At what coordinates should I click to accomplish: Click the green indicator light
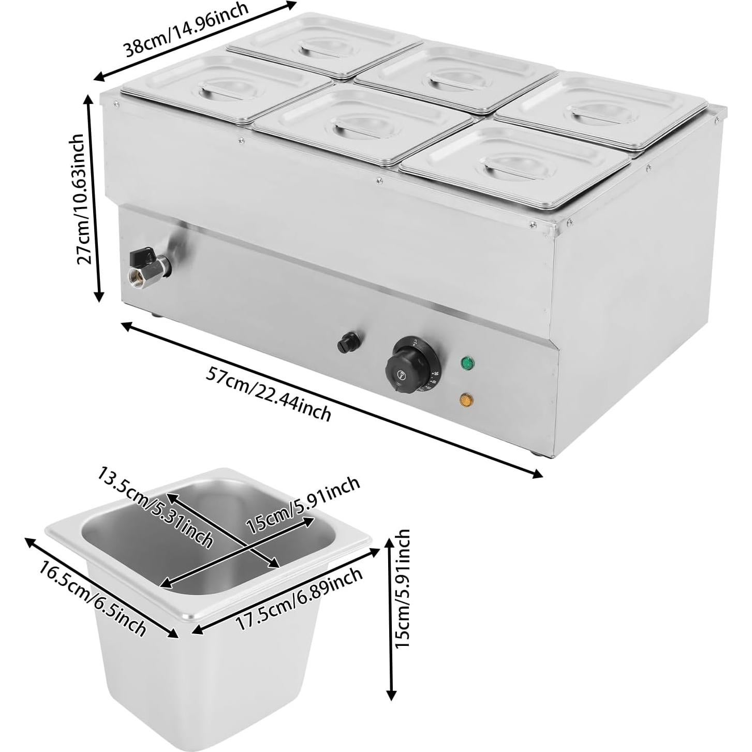click(x=468, y=362)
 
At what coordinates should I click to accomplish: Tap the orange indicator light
click(x=468, y=400)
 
